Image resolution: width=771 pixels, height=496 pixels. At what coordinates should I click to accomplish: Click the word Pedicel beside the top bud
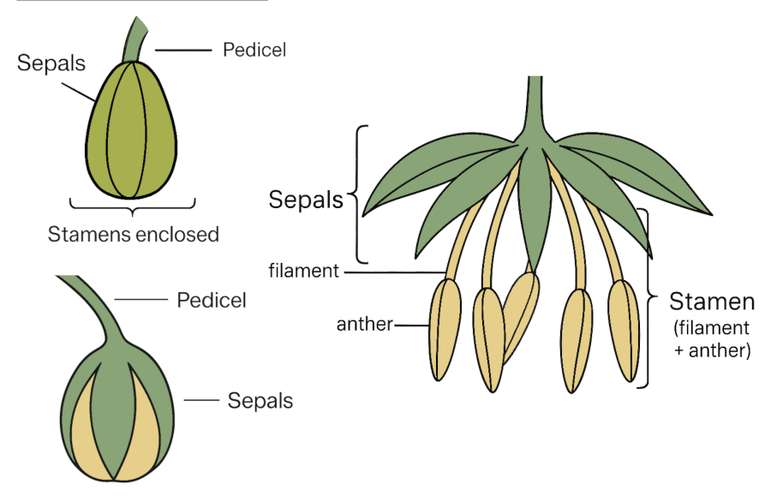coord(254,50)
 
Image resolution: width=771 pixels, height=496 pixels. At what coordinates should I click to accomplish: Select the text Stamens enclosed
coord(133,234)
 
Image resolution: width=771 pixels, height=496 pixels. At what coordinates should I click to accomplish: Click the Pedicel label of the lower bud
coord(212,300)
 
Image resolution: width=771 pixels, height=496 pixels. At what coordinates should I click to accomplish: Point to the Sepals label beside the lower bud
coord(260,400)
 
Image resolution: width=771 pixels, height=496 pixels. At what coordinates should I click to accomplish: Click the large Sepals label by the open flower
coord(305,200)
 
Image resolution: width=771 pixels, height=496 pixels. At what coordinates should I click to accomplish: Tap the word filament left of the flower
coord(303,272)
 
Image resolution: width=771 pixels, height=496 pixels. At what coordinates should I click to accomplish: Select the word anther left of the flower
coord(364,324)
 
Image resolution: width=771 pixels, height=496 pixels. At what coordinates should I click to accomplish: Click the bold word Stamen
coord(712,302)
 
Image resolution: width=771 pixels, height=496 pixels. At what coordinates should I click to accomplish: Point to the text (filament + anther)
coord(712,338)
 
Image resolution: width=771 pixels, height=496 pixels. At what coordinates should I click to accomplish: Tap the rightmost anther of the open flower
coord(624,329)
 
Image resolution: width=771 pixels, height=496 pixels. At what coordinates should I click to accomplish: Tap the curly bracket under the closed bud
coord(132,206)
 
